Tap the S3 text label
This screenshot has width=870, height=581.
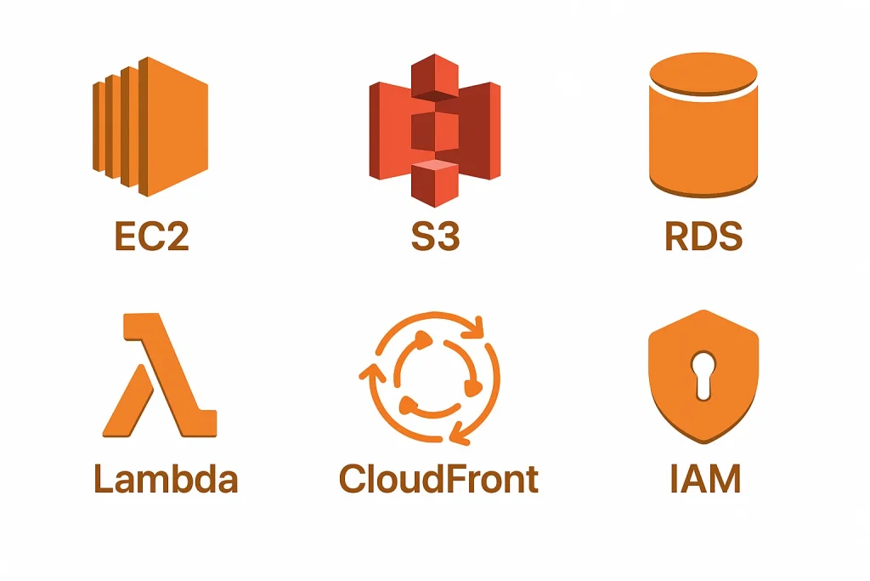point(435,236)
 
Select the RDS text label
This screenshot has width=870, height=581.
point(703,236)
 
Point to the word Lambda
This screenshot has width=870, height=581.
point(166,478)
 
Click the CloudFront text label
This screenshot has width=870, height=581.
point(438,478)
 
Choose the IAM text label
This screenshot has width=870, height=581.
point(704,478)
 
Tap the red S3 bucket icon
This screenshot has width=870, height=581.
point(435,128)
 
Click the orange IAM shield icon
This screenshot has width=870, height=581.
point(703,374)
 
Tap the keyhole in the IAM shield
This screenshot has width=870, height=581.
point(703,374)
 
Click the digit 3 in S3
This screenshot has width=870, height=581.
point(447,236)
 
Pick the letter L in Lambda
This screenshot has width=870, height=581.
point(101,478)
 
